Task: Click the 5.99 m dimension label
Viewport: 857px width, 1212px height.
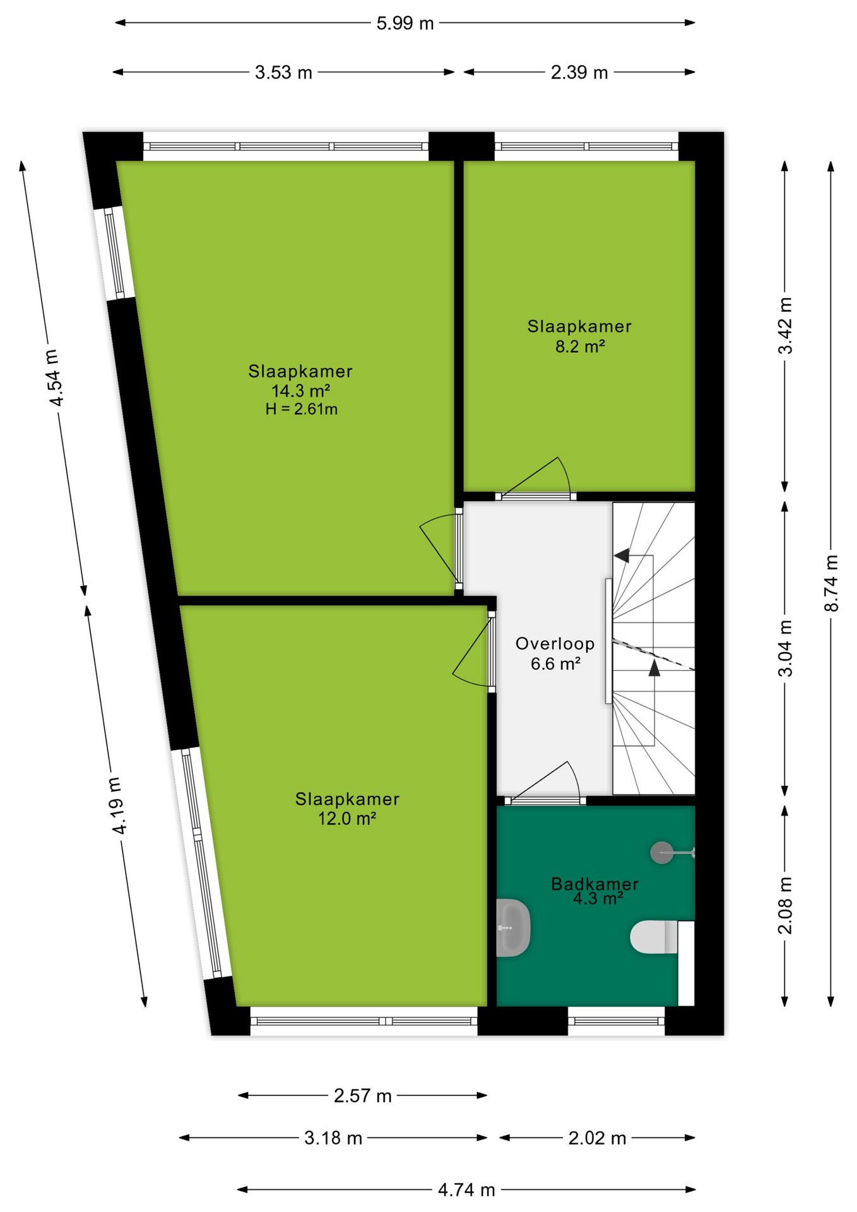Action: [x=405, y=23]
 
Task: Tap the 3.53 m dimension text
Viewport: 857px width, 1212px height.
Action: [x=283, y=73]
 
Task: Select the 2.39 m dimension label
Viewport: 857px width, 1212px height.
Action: [x=579, y=73]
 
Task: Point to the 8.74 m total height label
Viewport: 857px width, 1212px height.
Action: [x=831, y=583]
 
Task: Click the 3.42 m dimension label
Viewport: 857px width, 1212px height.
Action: [x=785, y=326]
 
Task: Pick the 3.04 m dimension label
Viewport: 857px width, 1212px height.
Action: [x=785, y=648]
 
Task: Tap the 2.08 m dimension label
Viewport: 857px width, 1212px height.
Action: [x=785, y=905]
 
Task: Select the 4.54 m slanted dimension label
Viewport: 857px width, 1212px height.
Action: [x=55, y=377]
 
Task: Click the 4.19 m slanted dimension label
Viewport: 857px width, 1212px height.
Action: [x=117, y=805]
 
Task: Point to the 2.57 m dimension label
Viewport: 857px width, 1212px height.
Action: [x=363, y=1096]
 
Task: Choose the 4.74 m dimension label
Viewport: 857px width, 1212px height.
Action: [x=466, y=1190]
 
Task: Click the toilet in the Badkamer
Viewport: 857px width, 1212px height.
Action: [x=654, y=937]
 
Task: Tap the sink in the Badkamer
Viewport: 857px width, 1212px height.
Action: [x=513, y=928]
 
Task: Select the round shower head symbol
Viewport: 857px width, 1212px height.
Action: [x=661, y=853]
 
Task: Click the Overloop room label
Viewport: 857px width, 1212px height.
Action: [x=555, y=644]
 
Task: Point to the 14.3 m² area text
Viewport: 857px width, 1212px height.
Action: [x=301, y=391]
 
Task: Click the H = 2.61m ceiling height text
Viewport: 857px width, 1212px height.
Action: [x=302, y=409]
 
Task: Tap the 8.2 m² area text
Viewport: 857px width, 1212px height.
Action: [x=580, y=346]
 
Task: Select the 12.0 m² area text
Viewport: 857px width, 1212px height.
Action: [x=347, y=819]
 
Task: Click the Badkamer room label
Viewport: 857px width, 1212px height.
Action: [x=594, y=884]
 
